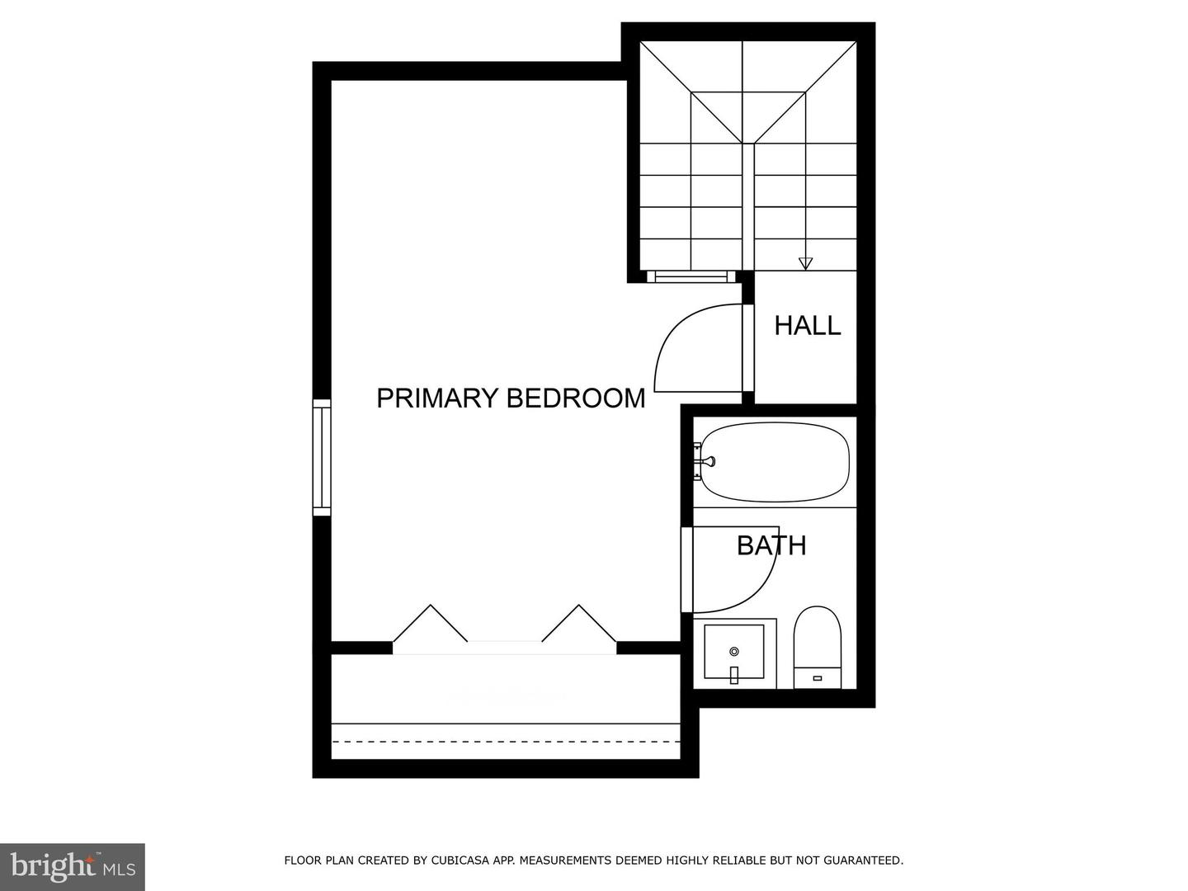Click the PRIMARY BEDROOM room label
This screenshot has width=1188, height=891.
(511, 398)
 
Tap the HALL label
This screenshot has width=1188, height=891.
(807, 325)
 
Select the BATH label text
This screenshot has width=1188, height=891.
(771, 545)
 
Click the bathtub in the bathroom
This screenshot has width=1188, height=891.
(772, 462)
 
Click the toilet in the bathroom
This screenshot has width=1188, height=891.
(818, 648)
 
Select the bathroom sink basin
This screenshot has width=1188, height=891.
(734, 652)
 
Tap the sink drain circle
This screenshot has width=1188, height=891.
(734, 652)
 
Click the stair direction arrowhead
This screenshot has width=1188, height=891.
(805, 263)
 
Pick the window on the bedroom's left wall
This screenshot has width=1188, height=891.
(322, 458)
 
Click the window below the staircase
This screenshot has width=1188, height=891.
(691, 276)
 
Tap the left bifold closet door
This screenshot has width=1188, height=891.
(431, 623)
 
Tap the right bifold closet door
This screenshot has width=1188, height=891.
(579, 623)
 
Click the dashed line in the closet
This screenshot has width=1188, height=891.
(506, 741)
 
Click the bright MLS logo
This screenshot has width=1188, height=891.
(73, 866)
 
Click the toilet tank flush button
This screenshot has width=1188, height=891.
(818, 678)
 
